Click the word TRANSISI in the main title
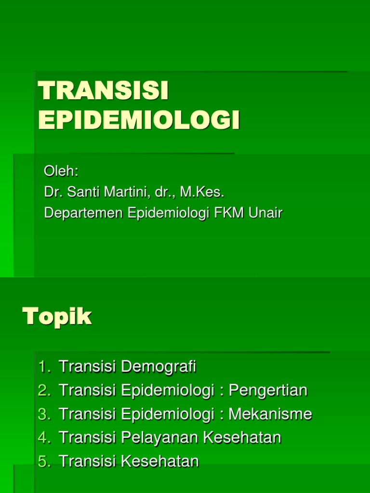tap(104, 92)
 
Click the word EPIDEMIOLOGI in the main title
tap(139, 120)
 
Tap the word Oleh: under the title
tap(61, 171)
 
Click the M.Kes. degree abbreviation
tap(202, 192)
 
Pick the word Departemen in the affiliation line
tap(84, 213)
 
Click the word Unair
tap(265, 213)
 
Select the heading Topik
tap(57, 317)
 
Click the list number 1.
tap(44, 367)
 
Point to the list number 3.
tap(44, 414)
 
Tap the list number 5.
tap(44, 461)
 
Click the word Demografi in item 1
tap(159, 367)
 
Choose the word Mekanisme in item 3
tap(270, 414)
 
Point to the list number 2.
tap(44, 390)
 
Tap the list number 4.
tap(44, 438)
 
